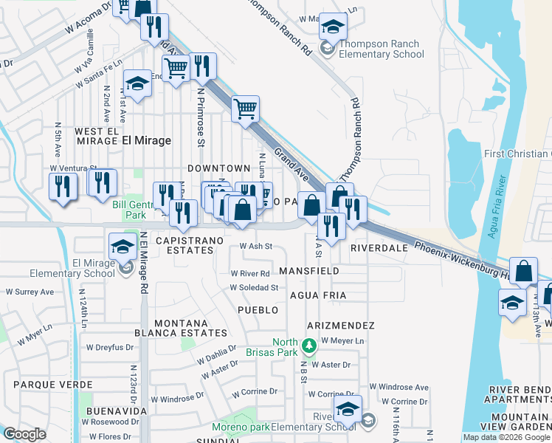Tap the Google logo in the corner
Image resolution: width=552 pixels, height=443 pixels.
click(x=24, y=434)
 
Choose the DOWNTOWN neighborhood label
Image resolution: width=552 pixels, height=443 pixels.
click(x=219, y=169)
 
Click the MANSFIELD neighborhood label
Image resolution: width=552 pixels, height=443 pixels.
click(x=309, y=271)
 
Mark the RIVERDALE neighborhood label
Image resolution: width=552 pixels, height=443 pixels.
click(x=379, y=249)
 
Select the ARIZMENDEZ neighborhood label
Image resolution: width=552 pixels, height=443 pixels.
click(x=341, y=326)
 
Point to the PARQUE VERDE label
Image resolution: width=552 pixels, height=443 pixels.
click(x=53, y=385)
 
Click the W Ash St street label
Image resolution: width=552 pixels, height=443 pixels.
click(x=256, y=247)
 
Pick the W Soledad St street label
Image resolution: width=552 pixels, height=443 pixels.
click(x=253, y=288)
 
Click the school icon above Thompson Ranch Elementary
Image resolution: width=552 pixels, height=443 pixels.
click(x=334, y=28)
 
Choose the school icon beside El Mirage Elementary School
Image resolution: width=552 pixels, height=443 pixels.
click(x=123, y=247)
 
